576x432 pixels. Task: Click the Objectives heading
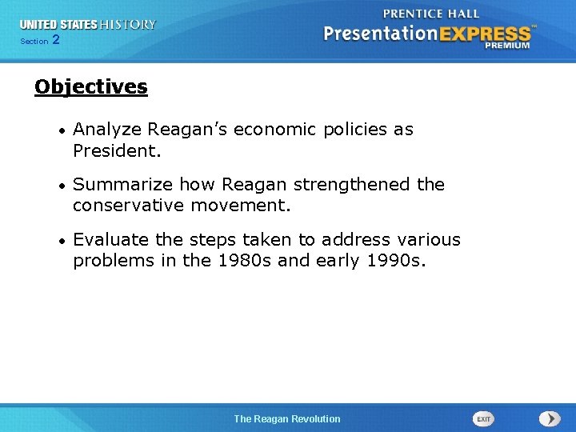(x=91, y=87)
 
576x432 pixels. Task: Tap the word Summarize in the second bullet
(x=123, y=185)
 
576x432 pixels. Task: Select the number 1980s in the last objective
(x=244, y=261)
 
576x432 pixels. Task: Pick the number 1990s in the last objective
(x=391, y=261)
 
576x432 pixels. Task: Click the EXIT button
(x=483, y=419)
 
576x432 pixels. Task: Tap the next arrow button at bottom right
(x=550, y=419)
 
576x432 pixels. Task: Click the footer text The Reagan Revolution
(x=287, y=419)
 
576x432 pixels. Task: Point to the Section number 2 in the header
(x=55, y=40)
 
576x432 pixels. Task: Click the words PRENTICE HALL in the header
(x=431, y=14)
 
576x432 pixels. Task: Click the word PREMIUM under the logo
(x=506, y=46)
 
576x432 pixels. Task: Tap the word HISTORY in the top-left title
(x=128, y=25)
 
